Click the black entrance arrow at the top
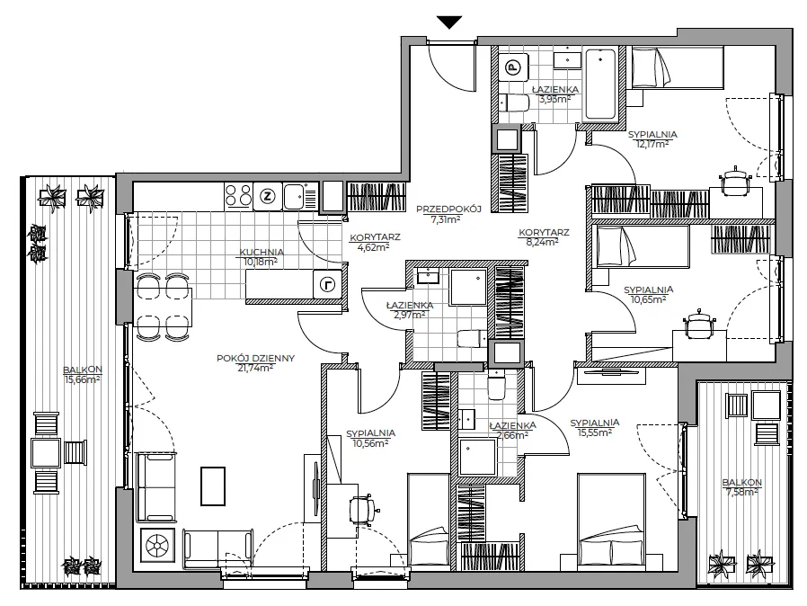point(449,22)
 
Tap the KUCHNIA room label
point(262,253)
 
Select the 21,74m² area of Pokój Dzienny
point(255,368)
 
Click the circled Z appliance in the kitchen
point(268,196)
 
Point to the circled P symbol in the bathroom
point(512,67)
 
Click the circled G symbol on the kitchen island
point(327,284)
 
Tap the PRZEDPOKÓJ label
point(448,209)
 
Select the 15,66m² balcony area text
point(83,380)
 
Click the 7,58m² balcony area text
point(742,492)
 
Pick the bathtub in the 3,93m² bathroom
point(600,84)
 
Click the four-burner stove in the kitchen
point(238,196)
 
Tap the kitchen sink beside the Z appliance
point(297,196)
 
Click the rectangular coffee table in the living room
point(213,486)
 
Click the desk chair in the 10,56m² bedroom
point(363,509)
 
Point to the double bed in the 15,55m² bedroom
point(611,521)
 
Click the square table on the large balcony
point(46,452)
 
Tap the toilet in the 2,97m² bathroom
point(472,338)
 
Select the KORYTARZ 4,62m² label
point(375,242)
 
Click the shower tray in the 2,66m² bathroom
point(478,458)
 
